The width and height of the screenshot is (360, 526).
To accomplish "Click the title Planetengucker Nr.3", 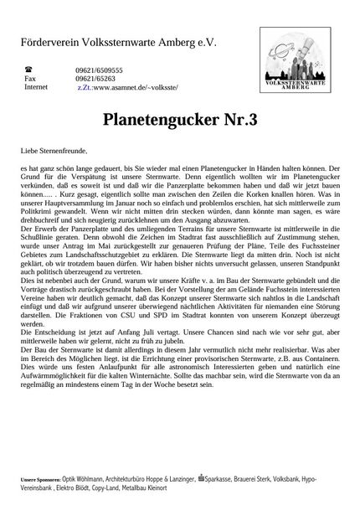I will coord(180,121).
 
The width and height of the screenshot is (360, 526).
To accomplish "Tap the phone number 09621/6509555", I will coord(100,71).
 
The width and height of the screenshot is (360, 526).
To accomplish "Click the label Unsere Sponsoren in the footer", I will coord(43,478).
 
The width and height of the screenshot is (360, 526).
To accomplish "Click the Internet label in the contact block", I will coord(37,86).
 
